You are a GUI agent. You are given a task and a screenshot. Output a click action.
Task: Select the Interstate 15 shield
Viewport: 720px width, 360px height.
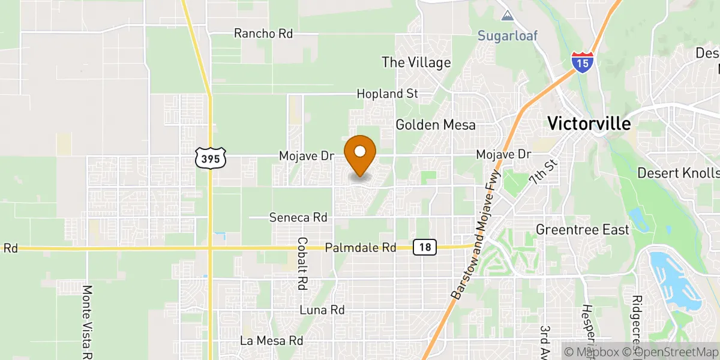(x=583, y=62)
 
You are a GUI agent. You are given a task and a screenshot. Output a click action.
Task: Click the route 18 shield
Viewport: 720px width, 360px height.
(x=424, y=247)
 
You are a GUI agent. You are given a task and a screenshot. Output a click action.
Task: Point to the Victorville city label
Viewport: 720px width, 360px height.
(x=589, y=124)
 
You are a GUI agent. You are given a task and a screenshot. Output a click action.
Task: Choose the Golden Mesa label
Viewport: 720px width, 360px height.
(x=435, y=125)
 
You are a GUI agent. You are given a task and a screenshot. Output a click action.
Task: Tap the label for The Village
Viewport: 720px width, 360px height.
(x=416, y=62)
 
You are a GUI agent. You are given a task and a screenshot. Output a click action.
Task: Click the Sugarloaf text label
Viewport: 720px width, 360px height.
(x=507, y=35)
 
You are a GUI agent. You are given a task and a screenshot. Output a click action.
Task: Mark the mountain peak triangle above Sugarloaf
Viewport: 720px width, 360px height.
(x=508, y=15)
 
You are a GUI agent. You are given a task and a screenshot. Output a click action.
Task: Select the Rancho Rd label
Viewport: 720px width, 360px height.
(x=263, y=34)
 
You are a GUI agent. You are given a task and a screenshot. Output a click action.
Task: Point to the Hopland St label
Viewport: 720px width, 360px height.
(x=387, y=94)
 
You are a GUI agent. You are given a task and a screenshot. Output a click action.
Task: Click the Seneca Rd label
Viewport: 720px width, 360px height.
(x=298, y=217)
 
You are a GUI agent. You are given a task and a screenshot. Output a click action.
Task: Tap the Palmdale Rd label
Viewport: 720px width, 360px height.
(x=360, y=247)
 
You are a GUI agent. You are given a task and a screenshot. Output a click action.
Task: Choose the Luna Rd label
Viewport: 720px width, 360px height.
(x=322, y=310)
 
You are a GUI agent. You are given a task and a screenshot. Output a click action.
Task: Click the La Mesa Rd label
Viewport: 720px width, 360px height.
(x=271, y=340)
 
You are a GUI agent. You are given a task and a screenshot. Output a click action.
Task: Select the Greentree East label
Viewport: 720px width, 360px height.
(x=582, y=230)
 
